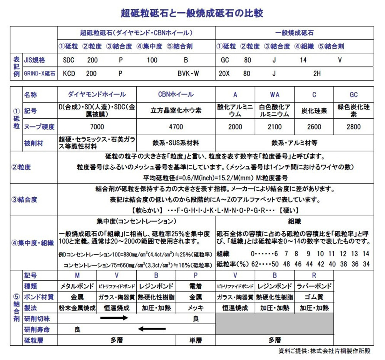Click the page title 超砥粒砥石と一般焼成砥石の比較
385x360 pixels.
(x=192, y=13)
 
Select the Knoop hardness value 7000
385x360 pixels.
(x=97, y=127)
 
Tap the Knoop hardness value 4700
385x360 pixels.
(x=176, y=127)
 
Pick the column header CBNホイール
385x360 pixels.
(x=176, y=94)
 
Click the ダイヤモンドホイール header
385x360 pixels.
(x=97, y=94)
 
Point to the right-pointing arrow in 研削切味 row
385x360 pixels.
(x=114, y=318)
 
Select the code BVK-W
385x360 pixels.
(x=188, y=73)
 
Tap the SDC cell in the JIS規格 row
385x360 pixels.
(x=68, y=60)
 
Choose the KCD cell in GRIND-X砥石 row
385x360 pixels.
(x=69, y=73)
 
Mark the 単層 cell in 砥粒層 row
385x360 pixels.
(x=195, y=340)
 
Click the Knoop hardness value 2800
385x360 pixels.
(x=353, y=127)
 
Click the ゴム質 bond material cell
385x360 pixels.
(x=313, y=297)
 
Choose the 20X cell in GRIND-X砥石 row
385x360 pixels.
(x=224, y=73)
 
